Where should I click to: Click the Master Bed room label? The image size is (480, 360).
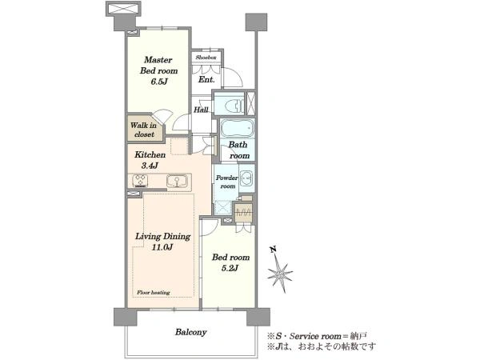(x=159, y=66)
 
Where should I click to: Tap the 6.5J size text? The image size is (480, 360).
(x=158, y=82)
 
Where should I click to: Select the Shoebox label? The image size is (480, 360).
(x=206, y=58)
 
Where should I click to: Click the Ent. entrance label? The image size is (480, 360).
(x=206, y=79)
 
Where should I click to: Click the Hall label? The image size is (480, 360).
(x=201, y=110)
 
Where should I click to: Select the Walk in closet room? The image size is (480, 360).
(x=145, y=129)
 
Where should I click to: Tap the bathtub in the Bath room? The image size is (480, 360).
(x=238, y=128)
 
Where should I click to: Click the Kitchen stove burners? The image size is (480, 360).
(x=141, y=181)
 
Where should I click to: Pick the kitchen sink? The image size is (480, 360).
(x=177, y=181)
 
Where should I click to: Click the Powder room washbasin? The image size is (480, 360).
(x=246, y=178)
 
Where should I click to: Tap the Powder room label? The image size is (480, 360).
(x=227, y=182)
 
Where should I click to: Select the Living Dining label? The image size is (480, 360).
(x=163, y=242)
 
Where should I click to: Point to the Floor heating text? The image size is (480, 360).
(x=153, y=293)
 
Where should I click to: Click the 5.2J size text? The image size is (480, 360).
(x=230, y=269)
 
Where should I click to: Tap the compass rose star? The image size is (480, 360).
(x=280, y=274)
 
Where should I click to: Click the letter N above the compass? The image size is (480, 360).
(x=273, y=250)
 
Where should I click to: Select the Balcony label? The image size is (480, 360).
(x=190, y=332)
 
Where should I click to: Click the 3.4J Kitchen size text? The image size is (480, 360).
(x=150, y=166)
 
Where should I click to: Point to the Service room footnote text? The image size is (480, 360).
(x=317, y=337)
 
